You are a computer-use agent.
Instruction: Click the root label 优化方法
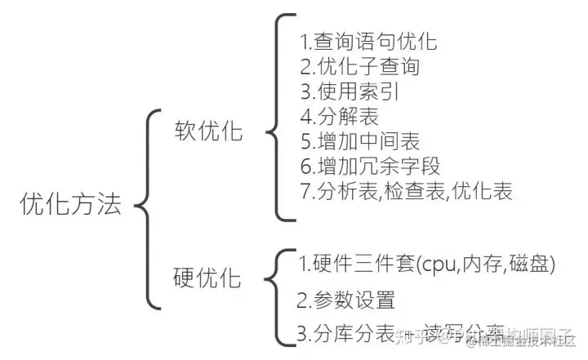[x=71, y=203]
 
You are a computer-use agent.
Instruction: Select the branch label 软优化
[x=209, y=131]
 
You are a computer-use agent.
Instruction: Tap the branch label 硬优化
[x=208, y=278]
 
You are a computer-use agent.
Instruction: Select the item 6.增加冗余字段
[x=369, y=167]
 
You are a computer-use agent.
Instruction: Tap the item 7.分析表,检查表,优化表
[x=405, y=193]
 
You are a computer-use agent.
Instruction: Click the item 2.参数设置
[x=346, y=300]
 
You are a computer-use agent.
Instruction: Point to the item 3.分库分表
[x=344, y=333]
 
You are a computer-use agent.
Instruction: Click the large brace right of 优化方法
[x=145, y=204]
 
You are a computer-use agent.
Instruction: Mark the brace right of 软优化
[x=279, y=118]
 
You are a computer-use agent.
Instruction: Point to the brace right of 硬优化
[x=278, y=295]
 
